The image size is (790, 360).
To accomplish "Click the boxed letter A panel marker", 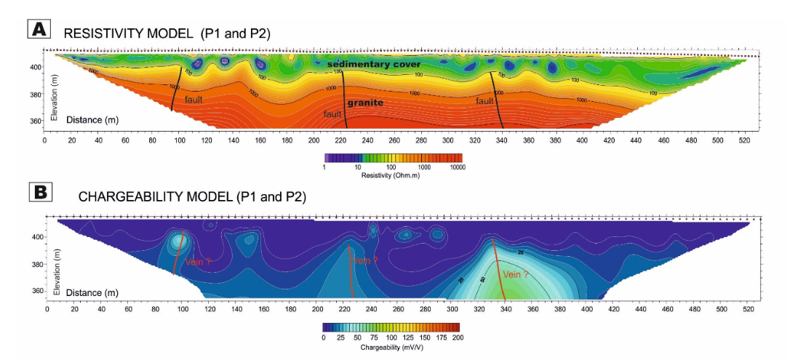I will (38, 29).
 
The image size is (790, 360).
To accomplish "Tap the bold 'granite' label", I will (365, 103).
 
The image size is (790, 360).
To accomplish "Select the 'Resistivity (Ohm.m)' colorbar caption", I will (392, 176).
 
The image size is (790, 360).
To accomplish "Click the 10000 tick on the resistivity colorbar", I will (457, 167).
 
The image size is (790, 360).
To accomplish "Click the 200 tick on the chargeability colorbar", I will (456, 339).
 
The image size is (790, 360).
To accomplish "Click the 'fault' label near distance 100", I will (194, 100).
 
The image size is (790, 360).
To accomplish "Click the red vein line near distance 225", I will (351, 273).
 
